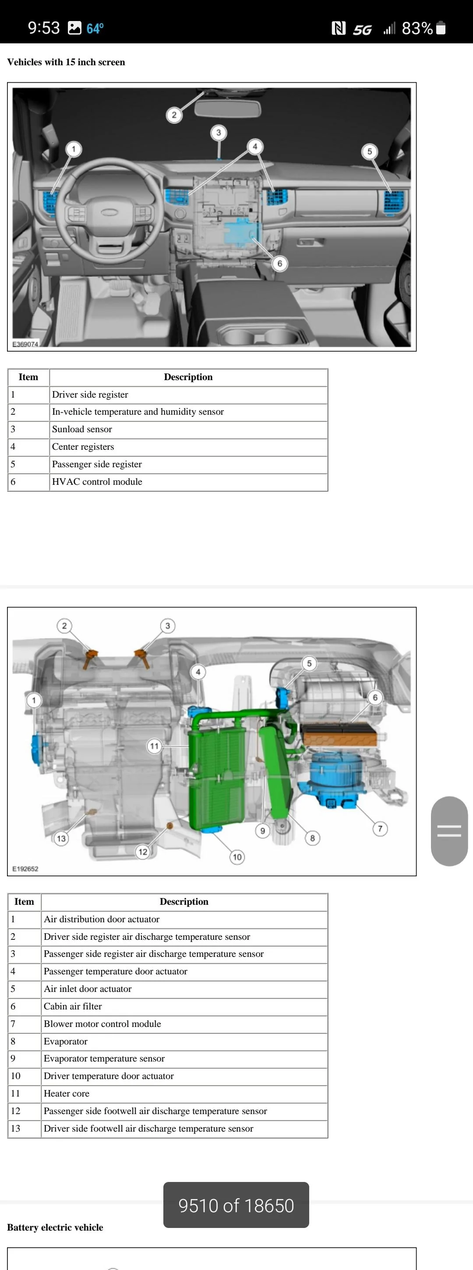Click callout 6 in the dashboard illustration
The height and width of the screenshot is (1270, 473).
280,263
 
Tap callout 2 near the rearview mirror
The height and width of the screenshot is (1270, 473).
173,115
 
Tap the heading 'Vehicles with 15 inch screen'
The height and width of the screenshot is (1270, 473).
66,62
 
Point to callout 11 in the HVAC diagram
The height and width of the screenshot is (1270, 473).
154,746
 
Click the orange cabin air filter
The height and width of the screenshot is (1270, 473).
339,734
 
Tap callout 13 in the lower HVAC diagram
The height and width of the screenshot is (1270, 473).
61,838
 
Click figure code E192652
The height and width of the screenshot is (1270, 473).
25,869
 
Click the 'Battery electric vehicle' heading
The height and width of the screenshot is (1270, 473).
55,1227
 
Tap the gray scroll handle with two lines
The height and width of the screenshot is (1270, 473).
449,831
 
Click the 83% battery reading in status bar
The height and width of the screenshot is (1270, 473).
417,28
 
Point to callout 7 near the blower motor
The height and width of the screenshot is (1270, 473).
380,829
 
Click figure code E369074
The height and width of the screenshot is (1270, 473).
25,344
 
